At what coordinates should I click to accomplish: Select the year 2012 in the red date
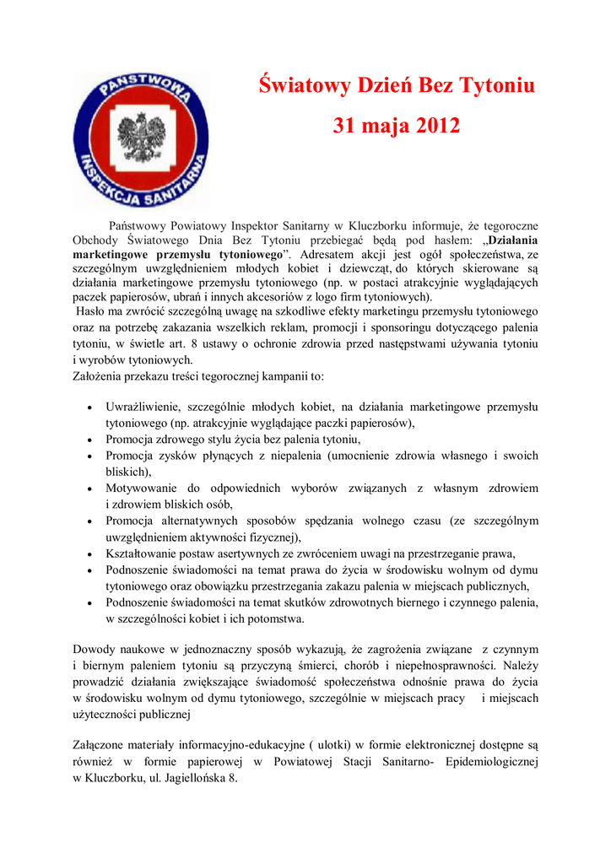pos(432,127)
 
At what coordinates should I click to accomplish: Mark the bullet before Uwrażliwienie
pos(90,408)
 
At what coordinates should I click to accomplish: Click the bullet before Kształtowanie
pos(90,554)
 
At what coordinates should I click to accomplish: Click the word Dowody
pos(95,650)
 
